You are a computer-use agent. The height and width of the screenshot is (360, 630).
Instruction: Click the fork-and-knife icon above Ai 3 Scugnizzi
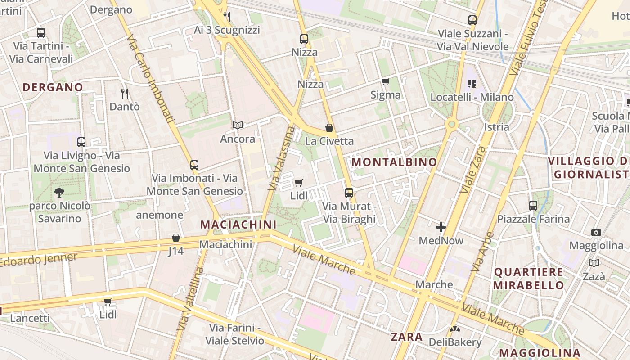(227, 17)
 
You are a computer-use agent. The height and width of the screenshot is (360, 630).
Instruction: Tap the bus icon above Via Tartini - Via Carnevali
(41, 33)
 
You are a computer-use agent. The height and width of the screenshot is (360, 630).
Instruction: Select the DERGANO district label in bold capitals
(53, 87)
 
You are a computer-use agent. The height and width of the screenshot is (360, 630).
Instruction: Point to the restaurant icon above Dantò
(125, 94)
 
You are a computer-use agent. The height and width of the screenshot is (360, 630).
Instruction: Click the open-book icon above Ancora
(238, 126)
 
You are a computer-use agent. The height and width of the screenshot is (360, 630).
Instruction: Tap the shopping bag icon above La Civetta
(329, 128)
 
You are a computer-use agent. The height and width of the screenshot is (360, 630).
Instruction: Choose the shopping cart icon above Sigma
(385, 81)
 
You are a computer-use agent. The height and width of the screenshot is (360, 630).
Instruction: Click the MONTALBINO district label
(394, 162)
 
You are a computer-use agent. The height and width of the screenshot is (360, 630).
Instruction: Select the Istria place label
(497, 127)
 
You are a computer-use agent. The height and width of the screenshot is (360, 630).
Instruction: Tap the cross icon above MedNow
(441, 227)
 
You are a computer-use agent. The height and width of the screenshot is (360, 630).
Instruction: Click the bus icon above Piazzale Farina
(533, 206)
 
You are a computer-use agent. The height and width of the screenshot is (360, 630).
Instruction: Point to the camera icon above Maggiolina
(596, 232)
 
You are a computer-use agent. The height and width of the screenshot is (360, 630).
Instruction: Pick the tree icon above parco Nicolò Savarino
(59, 193)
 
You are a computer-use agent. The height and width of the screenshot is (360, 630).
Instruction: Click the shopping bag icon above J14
(176, 238)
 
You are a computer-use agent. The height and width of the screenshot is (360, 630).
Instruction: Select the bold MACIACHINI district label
(238, 225)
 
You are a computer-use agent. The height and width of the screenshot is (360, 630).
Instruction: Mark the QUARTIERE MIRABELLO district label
(528, 279)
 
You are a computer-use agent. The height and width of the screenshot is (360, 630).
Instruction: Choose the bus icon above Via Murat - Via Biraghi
(349, 193)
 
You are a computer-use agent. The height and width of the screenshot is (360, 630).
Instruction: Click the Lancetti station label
(30, 318)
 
